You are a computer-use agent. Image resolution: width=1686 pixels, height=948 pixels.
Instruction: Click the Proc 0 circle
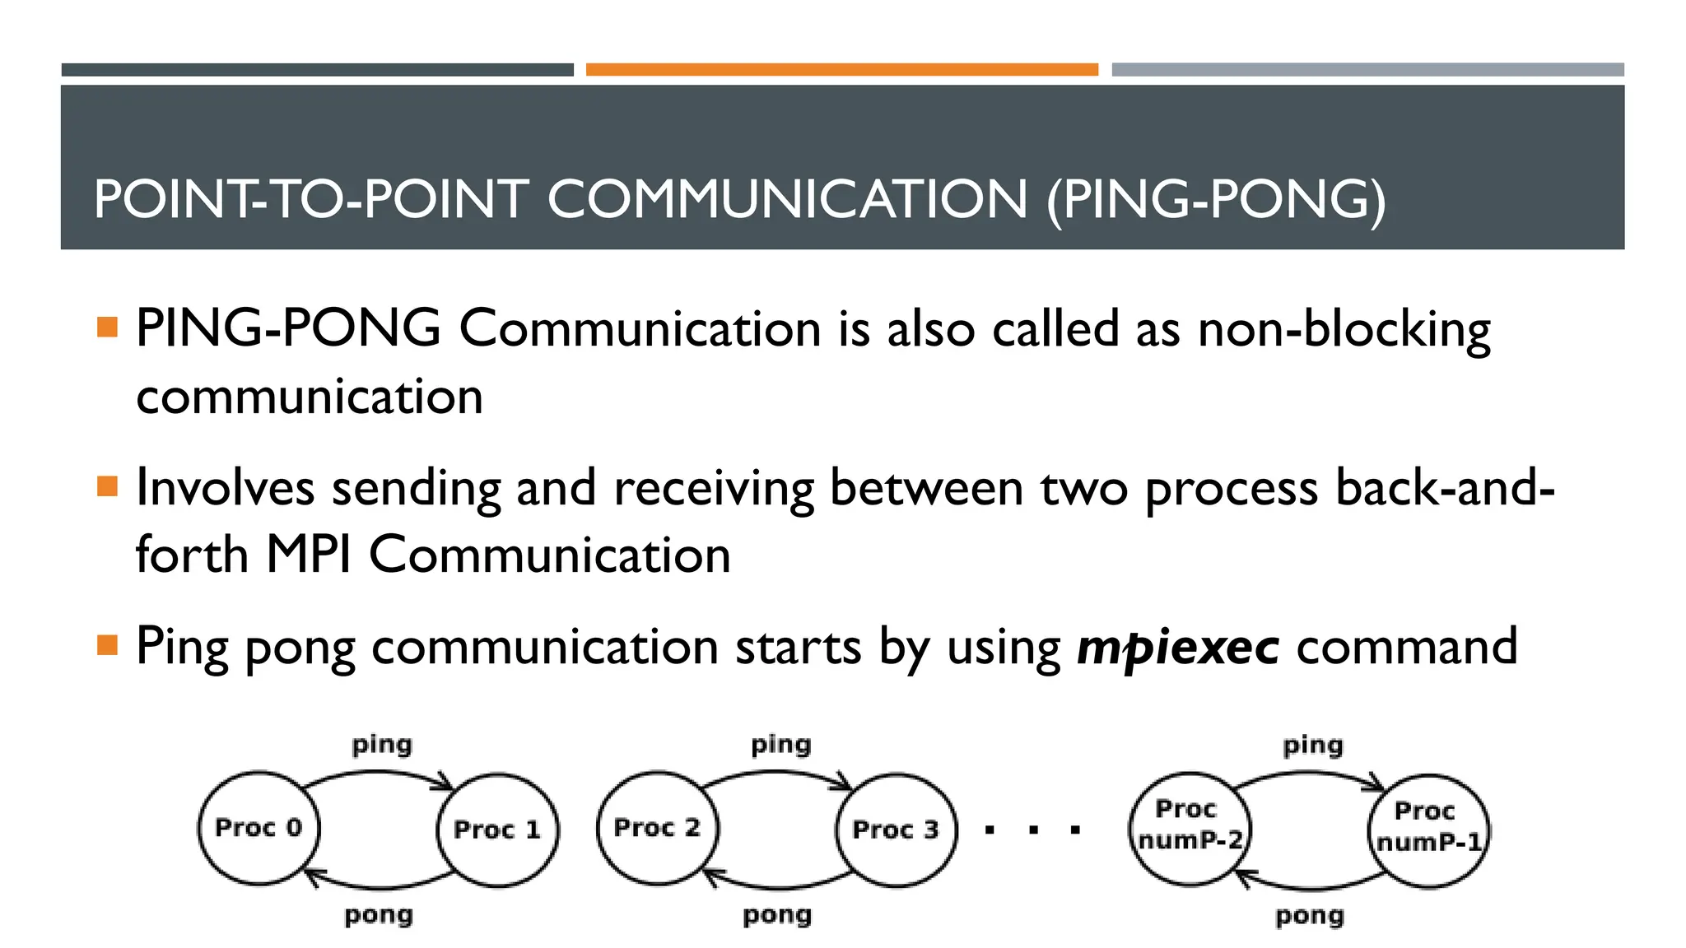(x=258, y=828)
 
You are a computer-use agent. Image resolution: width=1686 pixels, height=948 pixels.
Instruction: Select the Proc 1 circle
(x=497, y=829)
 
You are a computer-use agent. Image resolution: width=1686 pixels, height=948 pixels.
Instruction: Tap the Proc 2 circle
(x=657, y=828)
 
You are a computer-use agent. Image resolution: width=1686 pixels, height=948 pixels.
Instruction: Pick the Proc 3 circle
(x=896, y=829)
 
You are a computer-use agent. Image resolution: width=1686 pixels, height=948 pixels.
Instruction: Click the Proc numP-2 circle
(x=1190, y=828)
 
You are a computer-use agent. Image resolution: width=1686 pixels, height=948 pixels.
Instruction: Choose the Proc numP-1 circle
(x=1428, y=829)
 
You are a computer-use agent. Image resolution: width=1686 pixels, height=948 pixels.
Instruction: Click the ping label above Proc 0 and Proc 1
(x=382, y=746)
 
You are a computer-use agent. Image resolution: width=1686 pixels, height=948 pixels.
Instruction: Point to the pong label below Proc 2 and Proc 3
(x=777, y=915)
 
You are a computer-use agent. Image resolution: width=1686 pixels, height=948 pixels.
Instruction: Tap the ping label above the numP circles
(x=1313, y=746)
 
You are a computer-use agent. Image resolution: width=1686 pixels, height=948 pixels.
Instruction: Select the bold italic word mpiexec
(x=1178, y=647)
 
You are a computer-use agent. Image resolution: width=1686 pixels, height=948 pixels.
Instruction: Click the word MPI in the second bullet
(x=309, y=555)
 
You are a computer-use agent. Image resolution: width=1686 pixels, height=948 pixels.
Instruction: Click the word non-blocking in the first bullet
(x=1344, y=329)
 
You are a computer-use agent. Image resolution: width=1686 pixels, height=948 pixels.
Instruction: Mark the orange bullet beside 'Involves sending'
(x=107, y=486)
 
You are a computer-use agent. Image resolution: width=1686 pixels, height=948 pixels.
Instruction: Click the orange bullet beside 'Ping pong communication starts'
(x=107, y=644)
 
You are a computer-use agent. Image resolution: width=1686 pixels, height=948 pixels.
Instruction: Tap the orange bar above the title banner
(x=841, y=70)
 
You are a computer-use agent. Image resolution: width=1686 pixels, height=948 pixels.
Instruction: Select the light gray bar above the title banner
(x=1367, y=70)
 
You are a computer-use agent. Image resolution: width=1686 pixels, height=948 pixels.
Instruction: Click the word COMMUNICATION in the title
(x=788, y=199)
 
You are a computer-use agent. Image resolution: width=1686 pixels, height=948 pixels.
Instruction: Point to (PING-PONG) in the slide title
(x=1216, y=199)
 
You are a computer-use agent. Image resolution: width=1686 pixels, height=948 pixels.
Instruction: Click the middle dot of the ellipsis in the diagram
(x=1033, y=830)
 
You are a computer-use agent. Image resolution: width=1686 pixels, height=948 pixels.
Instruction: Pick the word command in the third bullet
(x=1407, y=647)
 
